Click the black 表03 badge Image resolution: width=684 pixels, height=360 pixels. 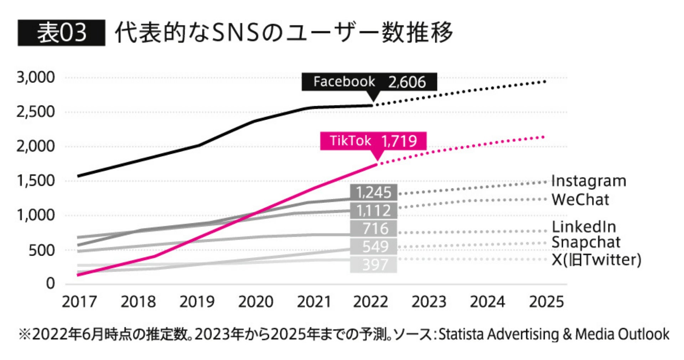pos(61,33)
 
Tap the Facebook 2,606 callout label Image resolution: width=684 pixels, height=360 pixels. pos(369,82)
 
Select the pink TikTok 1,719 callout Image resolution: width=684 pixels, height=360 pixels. pos(373,141)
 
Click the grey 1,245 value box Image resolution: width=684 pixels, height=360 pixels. pos(373,193)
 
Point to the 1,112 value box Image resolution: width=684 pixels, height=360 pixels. pos(373,211)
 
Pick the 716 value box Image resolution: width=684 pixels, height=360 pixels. pos(373,229)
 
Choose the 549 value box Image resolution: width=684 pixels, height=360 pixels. pos(373,246)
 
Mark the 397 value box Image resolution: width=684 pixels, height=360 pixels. pos(373,265)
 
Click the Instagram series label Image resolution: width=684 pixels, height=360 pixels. pos(589,181)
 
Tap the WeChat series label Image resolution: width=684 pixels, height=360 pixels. pos(580,199)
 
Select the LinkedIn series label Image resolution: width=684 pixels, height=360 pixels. pos(584,226)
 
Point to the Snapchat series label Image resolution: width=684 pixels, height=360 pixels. pos(586,242)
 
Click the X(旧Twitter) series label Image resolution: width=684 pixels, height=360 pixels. pos(596,260)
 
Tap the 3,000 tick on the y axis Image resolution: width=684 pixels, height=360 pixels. pos(36,77)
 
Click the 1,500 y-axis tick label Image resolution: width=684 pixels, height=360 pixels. pos(36,181)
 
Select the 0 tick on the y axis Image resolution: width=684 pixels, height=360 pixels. pos(51,283)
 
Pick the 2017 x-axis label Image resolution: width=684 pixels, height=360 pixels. pos(79,302)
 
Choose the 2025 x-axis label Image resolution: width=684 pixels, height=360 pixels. pos(546,302)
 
